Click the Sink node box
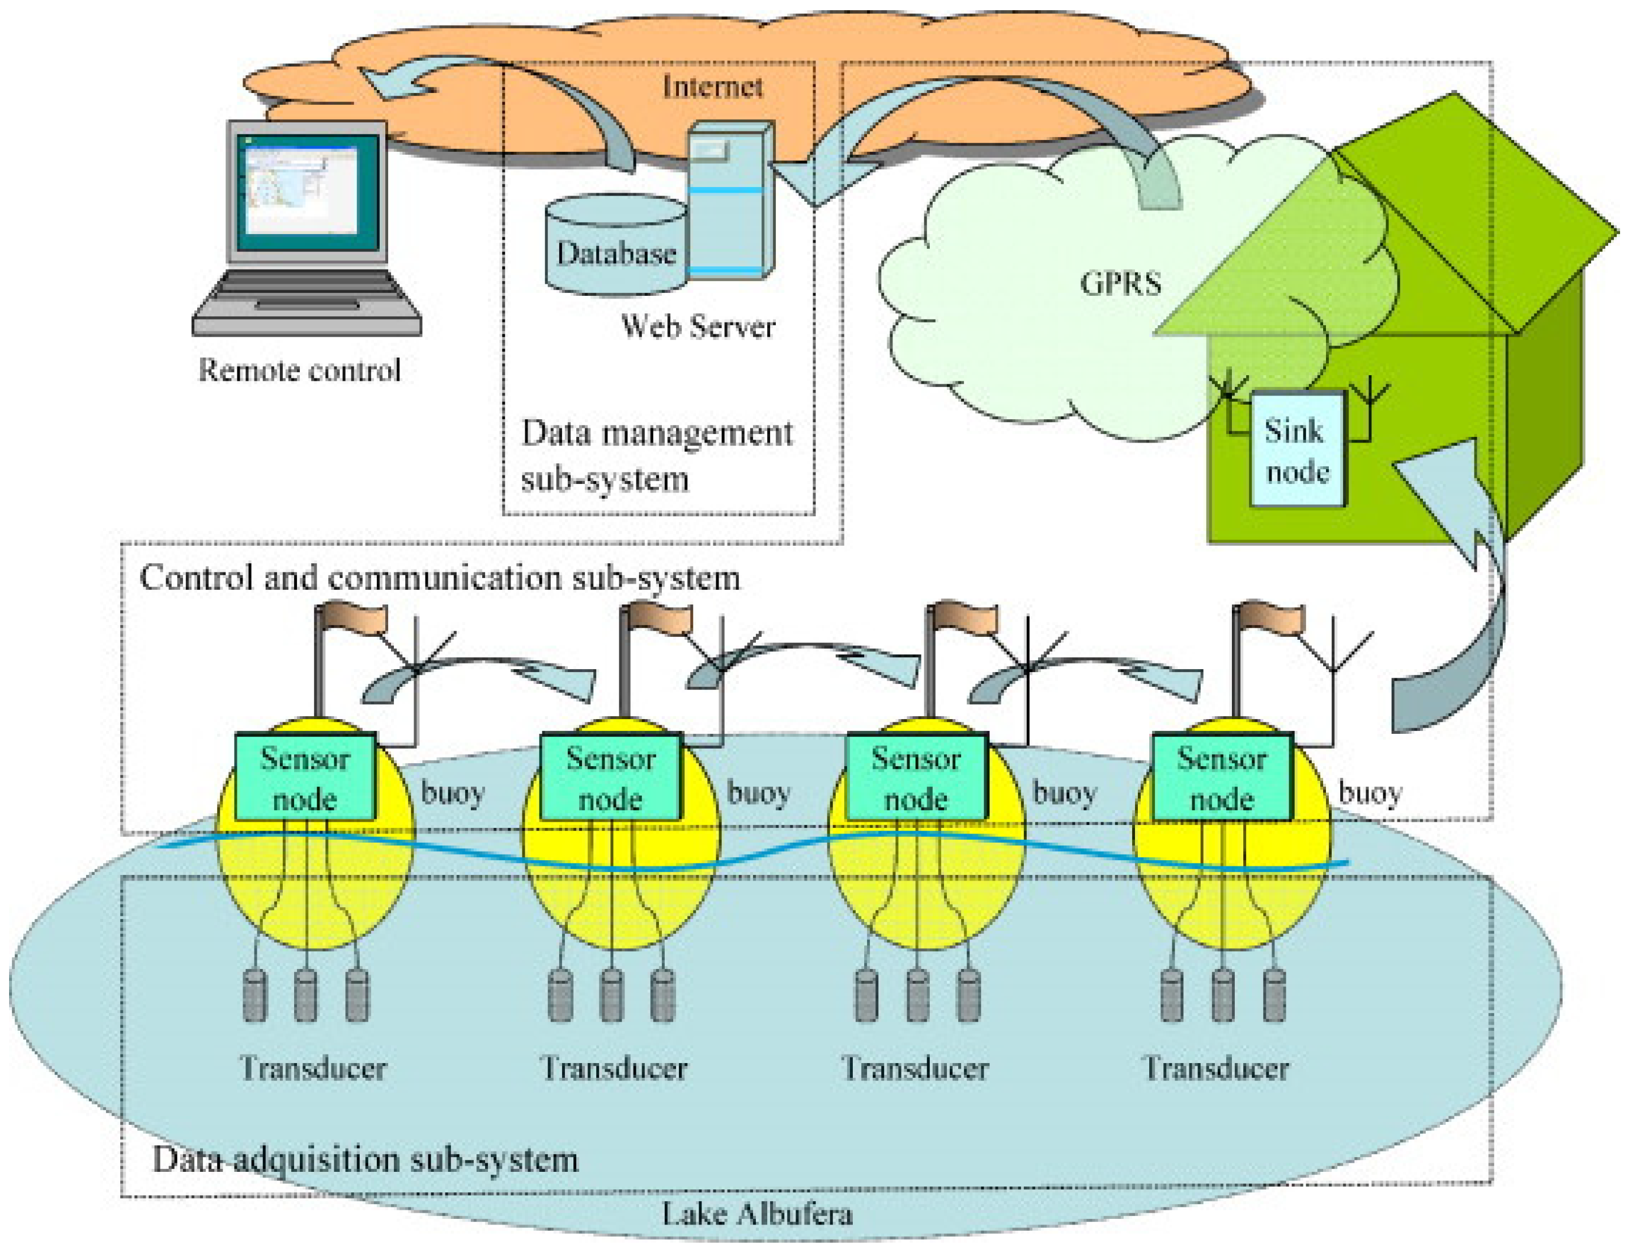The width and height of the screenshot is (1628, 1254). click(x=1298, y=449)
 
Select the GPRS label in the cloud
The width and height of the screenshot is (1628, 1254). click(x=1120, y=283)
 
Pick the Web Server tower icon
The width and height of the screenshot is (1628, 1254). click(x=730, y=200)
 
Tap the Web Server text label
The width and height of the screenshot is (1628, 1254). click(x=698, y=326)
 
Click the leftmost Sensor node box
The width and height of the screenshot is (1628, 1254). click(x=305, y=777)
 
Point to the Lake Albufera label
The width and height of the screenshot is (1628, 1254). click(x=758, y=1214)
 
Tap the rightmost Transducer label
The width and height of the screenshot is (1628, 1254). click(x=1217, y=1068)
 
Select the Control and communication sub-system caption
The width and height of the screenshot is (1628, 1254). click(x=440, y=578)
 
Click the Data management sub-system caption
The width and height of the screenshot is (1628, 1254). click(x=657, y=456)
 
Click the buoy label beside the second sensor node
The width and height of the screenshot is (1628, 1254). click(x=759, y=793)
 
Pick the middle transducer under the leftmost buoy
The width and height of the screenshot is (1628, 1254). click(x=305, y=995)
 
